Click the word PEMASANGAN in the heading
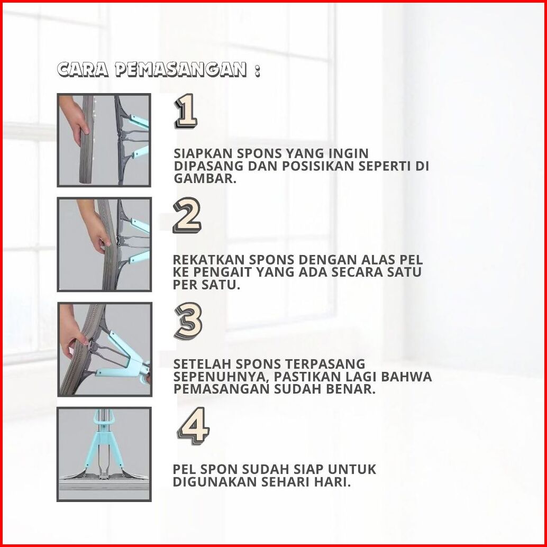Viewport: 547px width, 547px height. click(181, 69)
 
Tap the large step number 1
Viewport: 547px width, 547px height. click(186, 112)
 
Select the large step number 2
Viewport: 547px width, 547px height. click(187, 217)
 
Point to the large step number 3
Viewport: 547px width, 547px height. click(188, 321)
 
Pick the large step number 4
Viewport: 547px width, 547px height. click(194, 426)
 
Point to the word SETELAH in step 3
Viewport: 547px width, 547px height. click(202, 364)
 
